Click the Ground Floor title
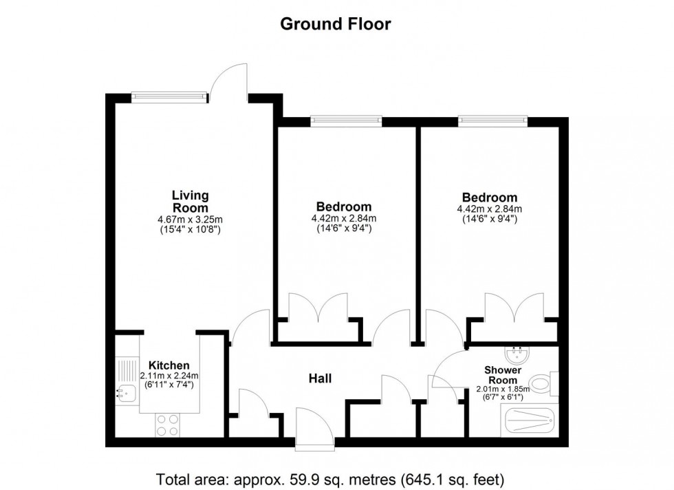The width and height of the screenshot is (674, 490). click(336, 24)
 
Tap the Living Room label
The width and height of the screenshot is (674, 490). click(190, 202)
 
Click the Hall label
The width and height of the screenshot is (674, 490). click(320, 378)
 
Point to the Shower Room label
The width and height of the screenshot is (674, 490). click(505, 375)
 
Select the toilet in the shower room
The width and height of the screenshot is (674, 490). click(544, 383)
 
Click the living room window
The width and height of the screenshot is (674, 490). click(169, 98)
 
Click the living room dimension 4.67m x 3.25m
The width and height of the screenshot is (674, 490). click(190, 220)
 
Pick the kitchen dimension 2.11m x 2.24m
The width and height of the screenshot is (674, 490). click(169, 376)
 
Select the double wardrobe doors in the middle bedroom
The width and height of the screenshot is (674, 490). click(318, 308)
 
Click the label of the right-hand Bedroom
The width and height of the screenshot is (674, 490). click(490, 198)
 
